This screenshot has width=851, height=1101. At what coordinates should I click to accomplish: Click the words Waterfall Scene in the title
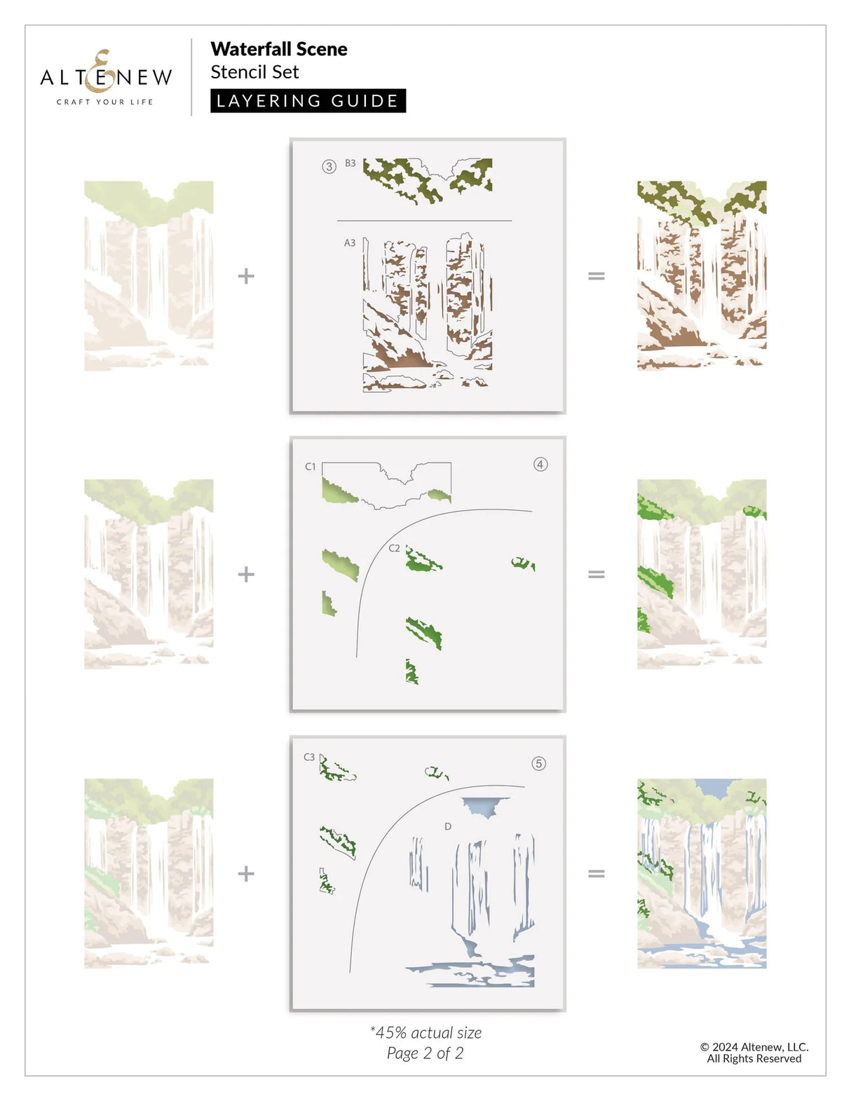(278, 49)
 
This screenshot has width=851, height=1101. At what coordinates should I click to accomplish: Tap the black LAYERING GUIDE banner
(308, 101)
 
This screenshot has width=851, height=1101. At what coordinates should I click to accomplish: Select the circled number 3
(329, 167)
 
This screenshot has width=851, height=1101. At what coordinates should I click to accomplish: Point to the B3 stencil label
(350, 163)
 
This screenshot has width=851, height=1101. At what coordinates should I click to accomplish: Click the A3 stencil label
(349, 243)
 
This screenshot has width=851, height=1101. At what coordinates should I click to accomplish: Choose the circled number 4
(540, 464)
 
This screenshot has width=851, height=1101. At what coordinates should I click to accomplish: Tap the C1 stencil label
(311, 466)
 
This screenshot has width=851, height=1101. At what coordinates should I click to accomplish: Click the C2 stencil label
(394, 548)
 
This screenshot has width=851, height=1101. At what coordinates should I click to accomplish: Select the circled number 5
(538, 763)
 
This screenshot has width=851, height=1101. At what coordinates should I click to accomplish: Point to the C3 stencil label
(309, 757)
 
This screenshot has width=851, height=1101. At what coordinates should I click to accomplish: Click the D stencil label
(448, 827)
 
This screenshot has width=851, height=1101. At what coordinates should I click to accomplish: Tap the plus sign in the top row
(246, 276)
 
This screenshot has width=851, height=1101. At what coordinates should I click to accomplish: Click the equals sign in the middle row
(596, 575)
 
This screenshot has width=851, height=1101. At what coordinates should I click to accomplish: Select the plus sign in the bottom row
(246, 873)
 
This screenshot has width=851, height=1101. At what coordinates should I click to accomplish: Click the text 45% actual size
(425, 1032)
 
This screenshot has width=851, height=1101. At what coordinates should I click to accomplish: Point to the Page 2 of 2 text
(425, 1053)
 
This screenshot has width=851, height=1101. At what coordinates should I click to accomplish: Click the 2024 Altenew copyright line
(754, 1047)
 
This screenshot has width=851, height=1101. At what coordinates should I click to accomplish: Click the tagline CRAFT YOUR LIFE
(105, 102)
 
